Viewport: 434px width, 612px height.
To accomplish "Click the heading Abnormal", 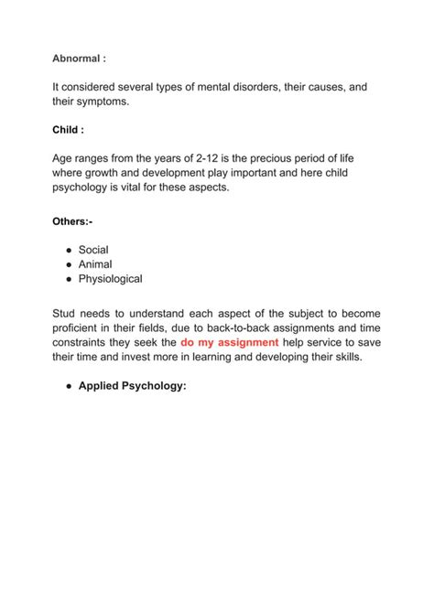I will [x=79, y=58].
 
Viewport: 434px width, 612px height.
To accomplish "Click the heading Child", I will [x=68, y=129].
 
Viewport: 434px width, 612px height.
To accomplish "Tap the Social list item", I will [x=93, y=249].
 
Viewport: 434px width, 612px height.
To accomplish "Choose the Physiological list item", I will [x=110, y=279].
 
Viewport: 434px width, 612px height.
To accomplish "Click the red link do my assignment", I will [x=229, y=342].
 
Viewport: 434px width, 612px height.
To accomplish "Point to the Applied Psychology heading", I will [x=133, y=386].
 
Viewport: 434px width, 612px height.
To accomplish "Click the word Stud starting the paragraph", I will [x=66, y=312].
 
